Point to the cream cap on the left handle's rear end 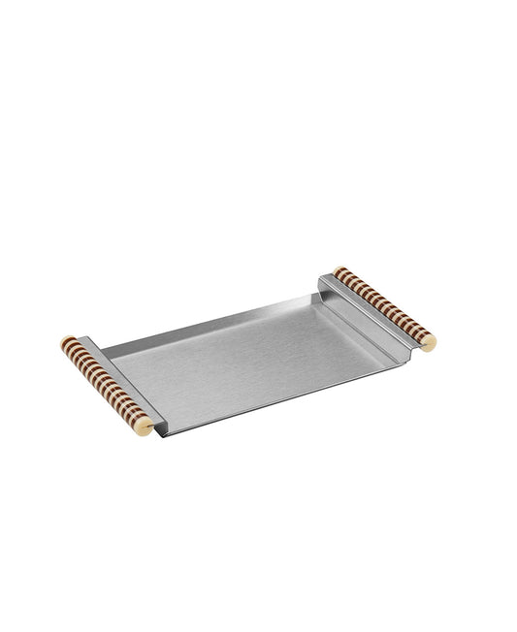coord(66,342)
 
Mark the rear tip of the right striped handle coord(339,270)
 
